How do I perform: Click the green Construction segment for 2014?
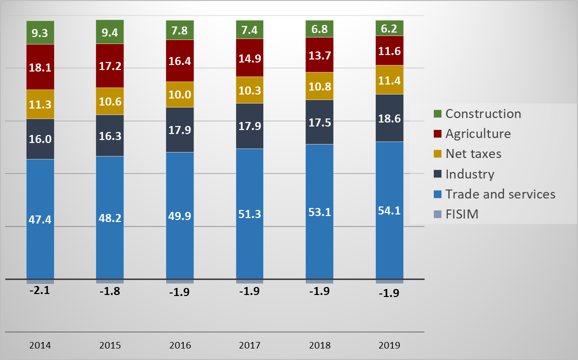[40, 32]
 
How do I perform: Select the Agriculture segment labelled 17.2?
[110, 65]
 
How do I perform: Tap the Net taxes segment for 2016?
[180, 94]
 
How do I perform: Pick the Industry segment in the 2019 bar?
[389, 118]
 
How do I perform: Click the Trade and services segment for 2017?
[250, 213]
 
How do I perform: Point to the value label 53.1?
[319, 214]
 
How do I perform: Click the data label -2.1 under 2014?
[40, 289]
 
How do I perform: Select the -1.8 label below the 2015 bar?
[110, 291]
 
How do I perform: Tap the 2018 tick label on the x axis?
[319, 345]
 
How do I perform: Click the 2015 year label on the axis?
[110, 345]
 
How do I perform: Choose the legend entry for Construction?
[483, 113]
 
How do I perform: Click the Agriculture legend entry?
[478, 133]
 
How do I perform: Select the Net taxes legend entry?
[473, 153]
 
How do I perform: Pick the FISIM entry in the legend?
[462, 214]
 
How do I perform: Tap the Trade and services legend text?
[500, 194]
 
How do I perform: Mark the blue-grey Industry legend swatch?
[438, 174]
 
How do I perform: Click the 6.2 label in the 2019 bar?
[389, 29]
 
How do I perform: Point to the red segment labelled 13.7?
[319, 55]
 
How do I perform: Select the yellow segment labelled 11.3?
[40, 104]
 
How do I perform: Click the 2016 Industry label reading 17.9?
[180, 129]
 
